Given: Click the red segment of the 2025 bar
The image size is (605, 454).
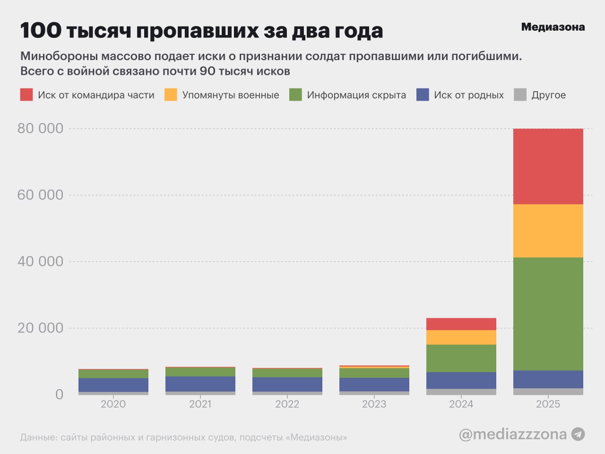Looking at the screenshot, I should (x=548, y=166).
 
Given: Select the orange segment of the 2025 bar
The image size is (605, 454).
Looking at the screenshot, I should (x=548, y=231).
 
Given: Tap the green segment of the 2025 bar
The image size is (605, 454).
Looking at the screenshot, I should (x=548, y=314).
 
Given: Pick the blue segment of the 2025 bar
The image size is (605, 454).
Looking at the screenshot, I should (x=548, y=379).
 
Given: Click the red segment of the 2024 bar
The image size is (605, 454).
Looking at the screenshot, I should (x=461, y=324).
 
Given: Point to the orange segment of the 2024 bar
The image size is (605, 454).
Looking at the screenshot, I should (x=461, y=337).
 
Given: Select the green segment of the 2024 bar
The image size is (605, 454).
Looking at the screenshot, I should (x=461, y=358).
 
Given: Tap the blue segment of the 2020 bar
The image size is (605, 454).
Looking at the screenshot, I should (x=113, y=384).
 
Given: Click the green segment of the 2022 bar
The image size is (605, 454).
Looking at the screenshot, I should (x=287, y=373).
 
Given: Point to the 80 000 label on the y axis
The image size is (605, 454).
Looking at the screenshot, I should (x=40, y=128).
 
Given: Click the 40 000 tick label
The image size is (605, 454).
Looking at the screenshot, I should (x=40, y=262).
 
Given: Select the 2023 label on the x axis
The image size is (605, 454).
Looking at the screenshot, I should (x=374, y=404).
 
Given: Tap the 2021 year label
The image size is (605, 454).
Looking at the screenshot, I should (x=200, y=404).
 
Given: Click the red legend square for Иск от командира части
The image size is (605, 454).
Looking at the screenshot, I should (x=26, y=95).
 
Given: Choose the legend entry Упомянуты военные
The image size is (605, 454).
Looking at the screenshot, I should (x=230, y=95).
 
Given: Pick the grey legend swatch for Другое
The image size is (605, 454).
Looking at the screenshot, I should (x=520, y=95).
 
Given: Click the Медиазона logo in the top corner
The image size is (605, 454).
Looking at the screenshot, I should (x=553, y=27).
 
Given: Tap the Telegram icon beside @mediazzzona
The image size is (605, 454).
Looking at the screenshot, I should (x=578, y=434).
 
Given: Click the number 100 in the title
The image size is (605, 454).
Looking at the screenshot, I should (x=41, y=31).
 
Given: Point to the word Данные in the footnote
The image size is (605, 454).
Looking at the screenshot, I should (x=38, y=437).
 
